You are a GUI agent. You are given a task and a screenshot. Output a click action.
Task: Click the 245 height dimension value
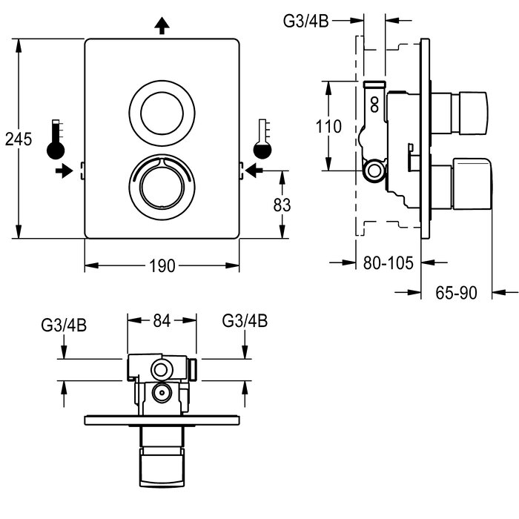tap(17, 139)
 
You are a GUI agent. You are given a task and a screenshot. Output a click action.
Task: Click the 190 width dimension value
tap(162, 266)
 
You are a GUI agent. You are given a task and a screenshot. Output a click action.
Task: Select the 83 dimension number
tap(282, 204)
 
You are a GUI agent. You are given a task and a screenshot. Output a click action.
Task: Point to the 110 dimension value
tap(328, 126)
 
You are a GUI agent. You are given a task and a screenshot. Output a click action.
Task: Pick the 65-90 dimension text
tap(455, 293)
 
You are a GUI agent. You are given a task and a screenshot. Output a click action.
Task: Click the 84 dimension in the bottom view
tap(162, 320)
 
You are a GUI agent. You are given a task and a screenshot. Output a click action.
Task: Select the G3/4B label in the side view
tap(305, 21)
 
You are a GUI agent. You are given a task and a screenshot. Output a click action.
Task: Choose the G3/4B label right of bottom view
tap(245, 321)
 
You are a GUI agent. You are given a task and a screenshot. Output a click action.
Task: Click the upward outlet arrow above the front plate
tap(162, 26)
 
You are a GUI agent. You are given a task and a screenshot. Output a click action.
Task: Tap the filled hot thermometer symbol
tap(56, 139)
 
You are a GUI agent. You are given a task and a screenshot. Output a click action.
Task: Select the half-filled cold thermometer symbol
tap(262, 139)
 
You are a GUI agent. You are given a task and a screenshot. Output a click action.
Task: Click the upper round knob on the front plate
tap(162, 115)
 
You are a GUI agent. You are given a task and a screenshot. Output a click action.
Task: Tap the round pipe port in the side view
tap(375, 171)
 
